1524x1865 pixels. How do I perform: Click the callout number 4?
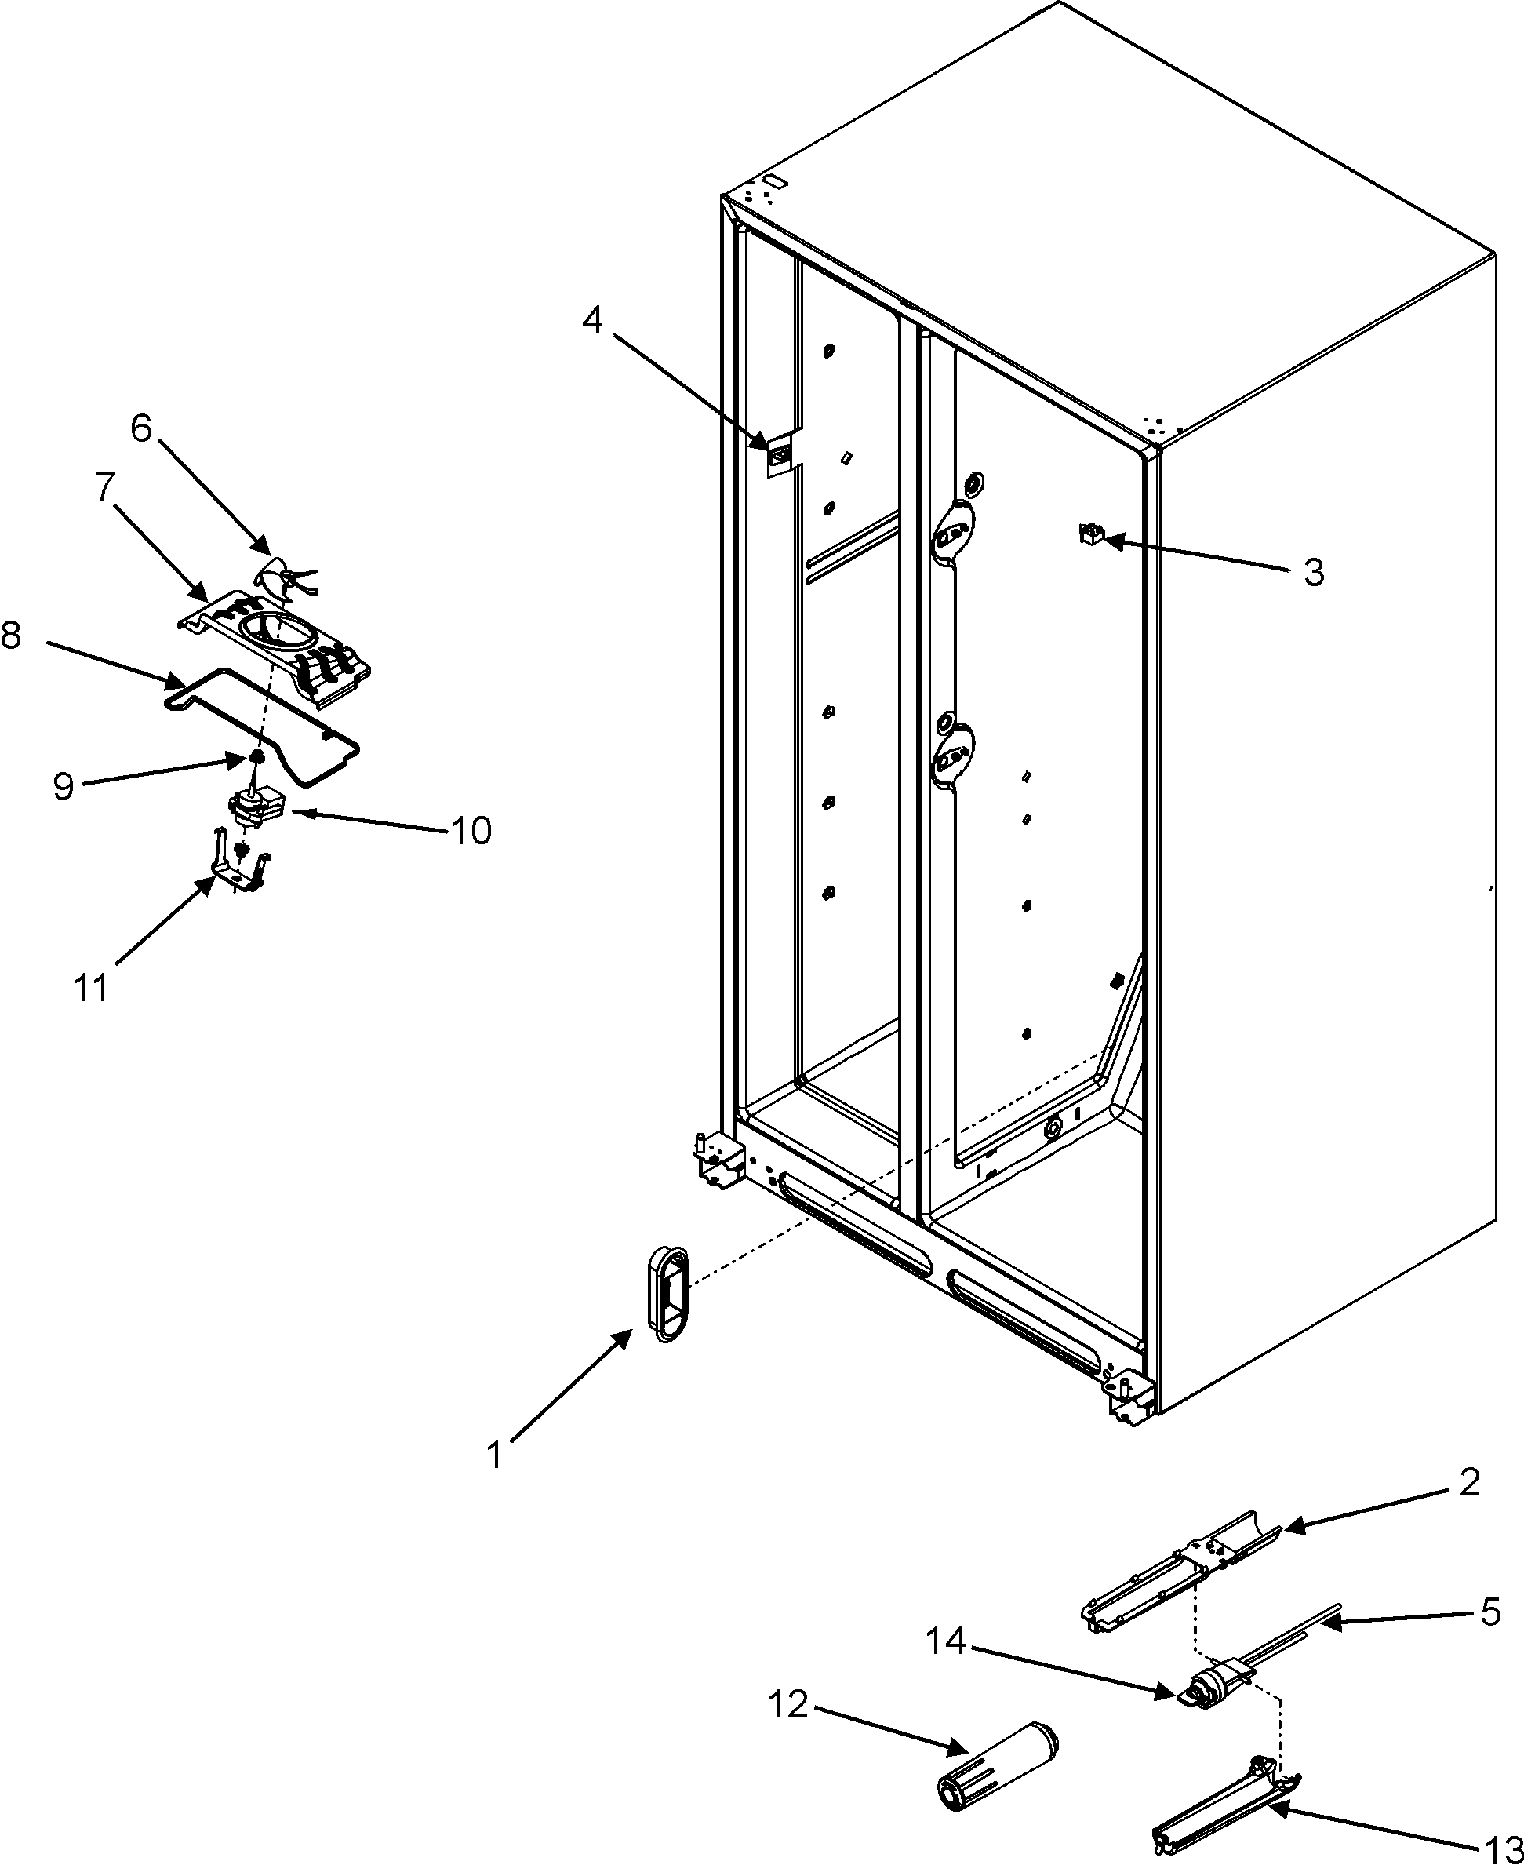pos(594,322)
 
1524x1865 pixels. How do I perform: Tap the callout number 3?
pos(1312,573)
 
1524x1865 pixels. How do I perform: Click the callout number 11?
pos(91,988)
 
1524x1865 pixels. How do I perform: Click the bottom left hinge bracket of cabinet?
pos(718,1165)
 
